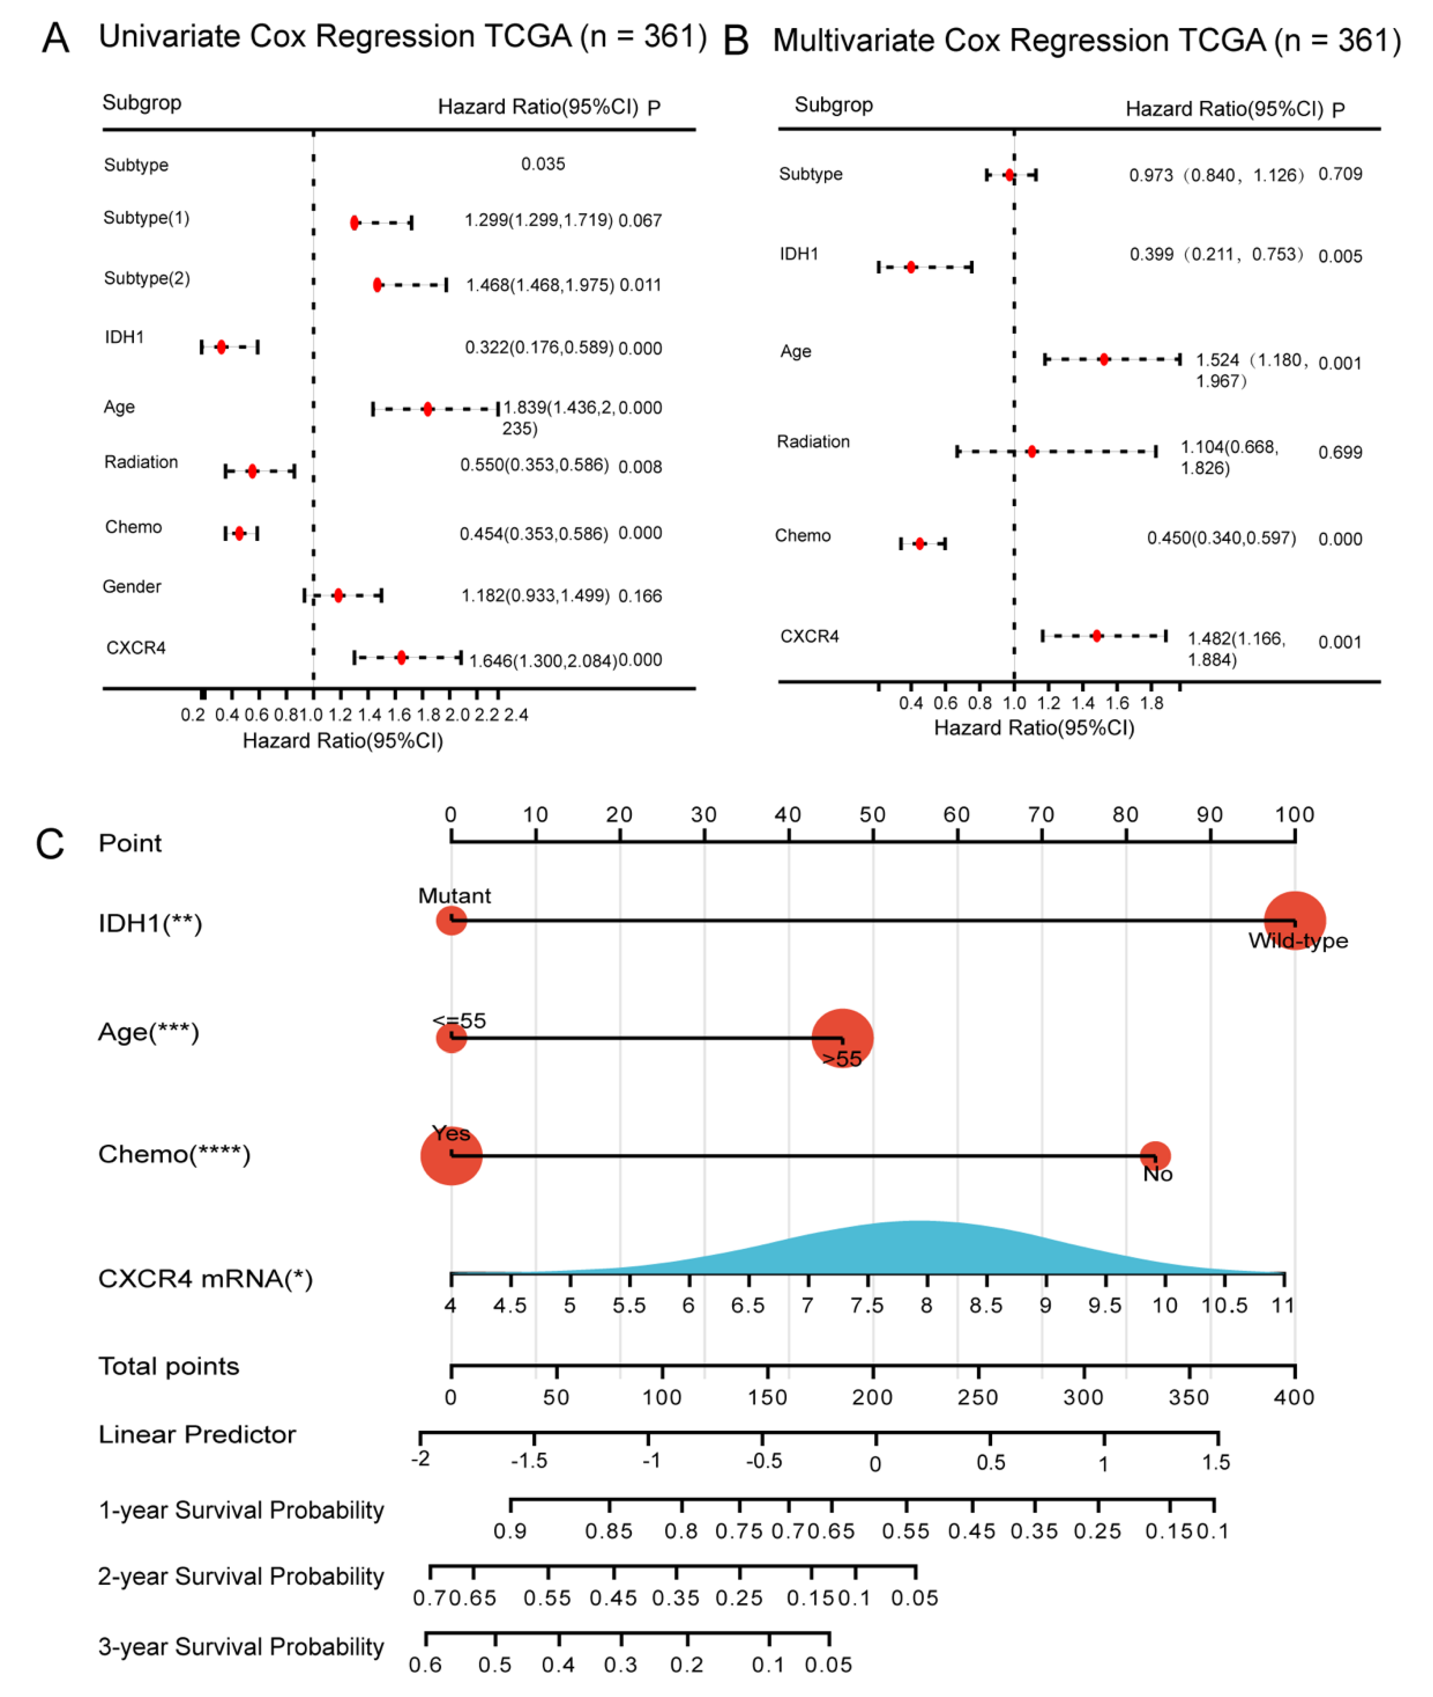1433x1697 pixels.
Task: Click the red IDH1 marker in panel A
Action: (221, 347)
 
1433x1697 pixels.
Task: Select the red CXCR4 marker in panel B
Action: (1097, 636)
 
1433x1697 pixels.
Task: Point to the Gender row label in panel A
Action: (131, 587)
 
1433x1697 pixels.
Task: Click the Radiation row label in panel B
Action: (813, 442)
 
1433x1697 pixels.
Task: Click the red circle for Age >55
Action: (842, 1038)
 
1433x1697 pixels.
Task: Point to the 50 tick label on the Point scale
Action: (873, 815)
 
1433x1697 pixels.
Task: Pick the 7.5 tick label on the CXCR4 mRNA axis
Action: (867, 1305)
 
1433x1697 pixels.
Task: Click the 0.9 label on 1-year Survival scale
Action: (510, 1531)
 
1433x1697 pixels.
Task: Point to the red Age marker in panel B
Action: (1104, 359)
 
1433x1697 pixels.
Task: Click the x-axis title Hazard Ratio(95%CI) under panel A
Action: (343, 741)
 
